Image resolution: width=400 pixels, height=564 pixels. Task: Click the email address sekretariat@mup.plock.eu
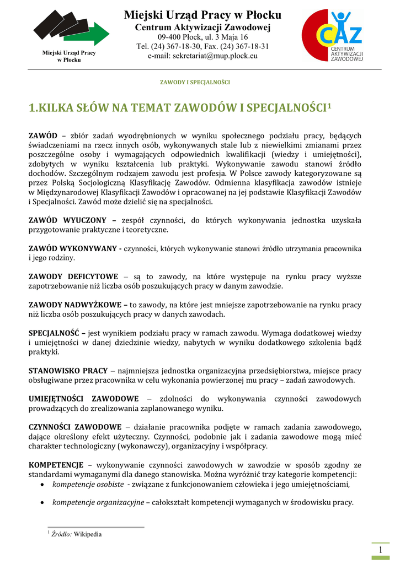202,56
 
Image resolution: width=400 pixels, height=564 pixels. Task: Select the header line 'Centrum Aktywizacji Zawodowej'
202,27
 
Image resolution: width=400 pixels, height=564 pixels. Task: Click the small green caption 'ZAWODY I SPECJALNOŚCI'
195,82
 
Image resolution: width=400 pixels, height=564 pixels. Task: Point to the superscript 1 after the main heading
329,104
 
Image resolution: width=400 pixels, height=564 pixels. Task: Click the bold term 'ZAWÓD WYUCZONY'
67,220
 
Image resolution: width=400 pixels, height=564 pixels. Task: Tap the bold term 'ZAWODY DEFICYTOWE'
73,277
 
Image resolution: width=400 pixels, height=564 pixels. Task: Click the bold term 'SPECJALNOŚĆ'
55,333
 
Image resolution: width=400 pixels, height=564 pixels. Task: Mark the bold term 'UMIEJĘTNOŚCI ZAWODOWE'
83,399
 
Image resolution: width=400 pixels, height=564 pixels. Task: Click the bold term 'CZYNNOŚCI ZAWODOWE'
75,427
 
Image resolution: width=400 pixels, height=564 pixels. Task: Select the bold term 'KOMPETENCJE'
56,465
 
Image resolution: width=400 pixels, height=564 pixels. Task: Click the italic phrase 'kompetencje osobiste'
88,485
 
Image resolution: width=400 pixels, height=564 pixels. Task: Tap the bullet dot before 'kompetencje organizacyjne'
44,503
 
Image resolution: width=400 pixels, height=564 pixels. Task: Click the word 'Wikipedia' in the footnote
88,534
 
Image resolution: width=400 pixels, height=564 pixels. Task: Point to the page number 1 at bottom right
380,551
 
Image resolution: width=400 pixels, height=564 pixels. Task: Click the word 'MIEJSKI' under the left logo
53,53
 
